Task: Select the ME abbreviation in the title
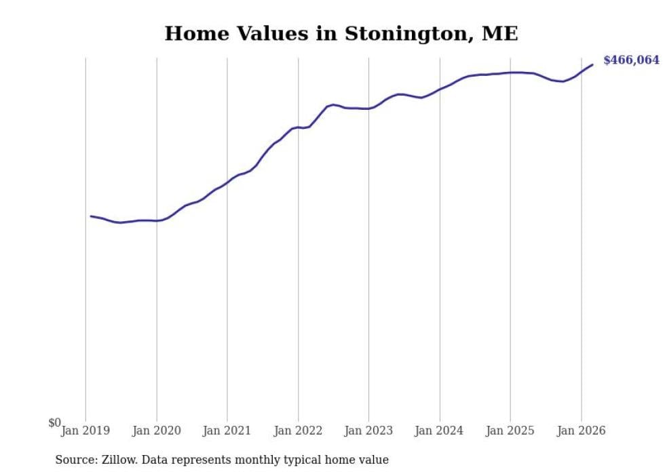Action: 500,34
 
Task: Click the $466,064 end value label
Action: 631,60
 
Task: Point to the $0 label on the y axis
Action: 54,423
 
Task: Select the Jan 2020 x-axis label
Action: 157,431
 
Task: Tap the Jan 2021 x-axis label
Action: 228,431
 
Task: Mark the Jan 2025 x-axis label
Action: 511,431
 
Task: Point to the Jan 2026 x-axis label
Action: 582,431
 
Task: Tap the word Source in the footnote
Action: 75,460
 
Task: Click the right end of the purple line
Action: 592,64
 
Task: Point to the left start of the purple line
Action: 91,216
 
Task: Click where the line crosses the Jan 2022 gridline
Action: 298,127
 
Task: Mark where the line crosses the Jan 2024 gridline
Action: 440,90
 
